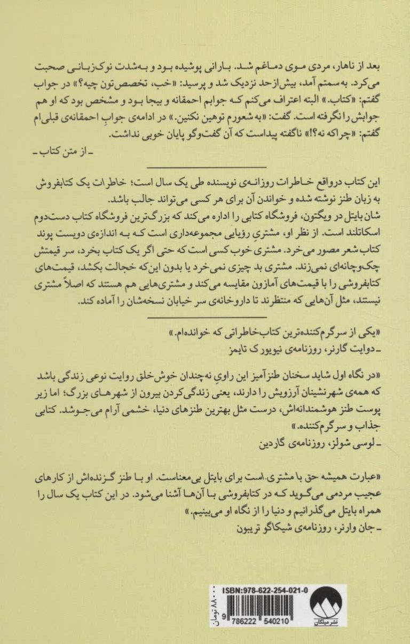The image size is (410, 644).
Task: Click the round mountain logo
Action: pos(327,605)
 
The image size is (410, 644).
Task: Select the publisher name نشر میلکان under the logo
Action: pos(326,626)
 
